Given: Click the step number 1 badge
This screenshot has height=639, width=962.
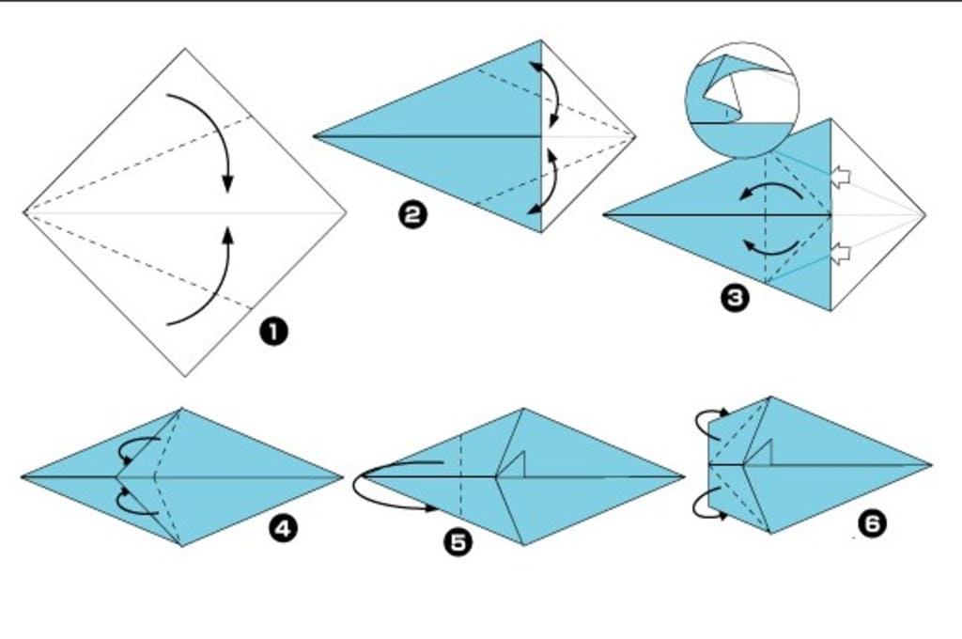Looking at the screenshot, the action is [x=273, y=332].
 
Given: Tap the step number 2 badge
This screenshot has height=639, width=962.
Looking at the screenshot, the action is [x=412, y=215].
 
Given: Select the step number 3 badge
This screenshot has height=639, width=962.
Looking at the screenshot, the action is [x=735, y=298].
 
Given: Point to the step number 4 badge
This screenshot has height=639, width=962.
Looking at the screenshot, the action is [x=283, y=528].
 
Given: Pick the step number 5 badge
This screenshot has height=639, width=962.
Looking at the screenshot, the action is [x=458, y=542].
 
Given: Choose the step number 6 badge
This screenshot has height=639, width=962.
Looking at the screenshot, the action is [x=872, y=523].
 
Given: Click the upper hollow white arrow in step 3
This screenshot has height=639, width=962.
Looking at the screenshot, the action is [x=841, y=178].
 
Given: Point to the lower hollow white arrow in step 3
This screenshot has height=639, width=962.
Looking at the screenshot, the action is [x=841, y=253].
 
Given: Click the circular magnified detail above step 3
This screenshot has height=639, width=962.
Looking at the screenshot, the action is [x=742, y=100].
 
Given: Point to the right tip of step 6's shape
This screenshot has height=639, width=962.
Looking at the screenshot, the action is [x=932, y=465].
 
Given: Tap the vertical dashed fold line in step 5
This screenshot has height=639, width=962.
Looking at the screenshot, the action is [x=461, y=476].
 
